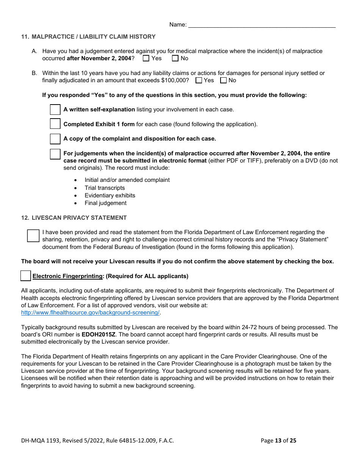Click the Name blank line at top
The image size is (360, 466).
tap(261, 25)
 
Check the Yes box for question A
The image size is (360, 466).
tap(146, 58)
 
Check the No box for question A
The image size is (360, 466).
tap(175, 58)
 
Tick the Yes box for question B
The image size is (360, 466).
tap(199, 80)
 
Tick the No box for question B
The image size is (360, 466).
tap(224, 80)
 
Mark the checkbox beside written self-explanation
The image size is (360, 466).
tap(55, 109)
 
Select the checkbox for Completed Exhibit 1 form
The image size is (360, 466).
tap(55, 124)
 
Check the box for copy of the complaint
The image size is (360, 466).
tap(55, 139)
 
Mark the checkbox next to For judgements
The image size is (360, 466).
tap(55, 154)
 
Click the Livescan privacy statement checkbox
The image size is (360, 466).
tap(33, 236)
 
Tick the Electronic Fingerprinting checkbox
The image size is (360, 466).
tap(26, 276)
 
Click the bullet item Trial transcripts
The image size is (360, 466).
tap(105, 188)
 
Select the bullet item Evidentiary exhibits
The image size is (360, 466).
tap(110, 195)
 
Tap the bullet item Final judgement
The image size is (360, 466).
tap(105, 203)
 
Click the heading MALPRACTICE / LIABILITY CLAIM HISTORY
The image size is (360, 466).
tap(94, 37)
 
